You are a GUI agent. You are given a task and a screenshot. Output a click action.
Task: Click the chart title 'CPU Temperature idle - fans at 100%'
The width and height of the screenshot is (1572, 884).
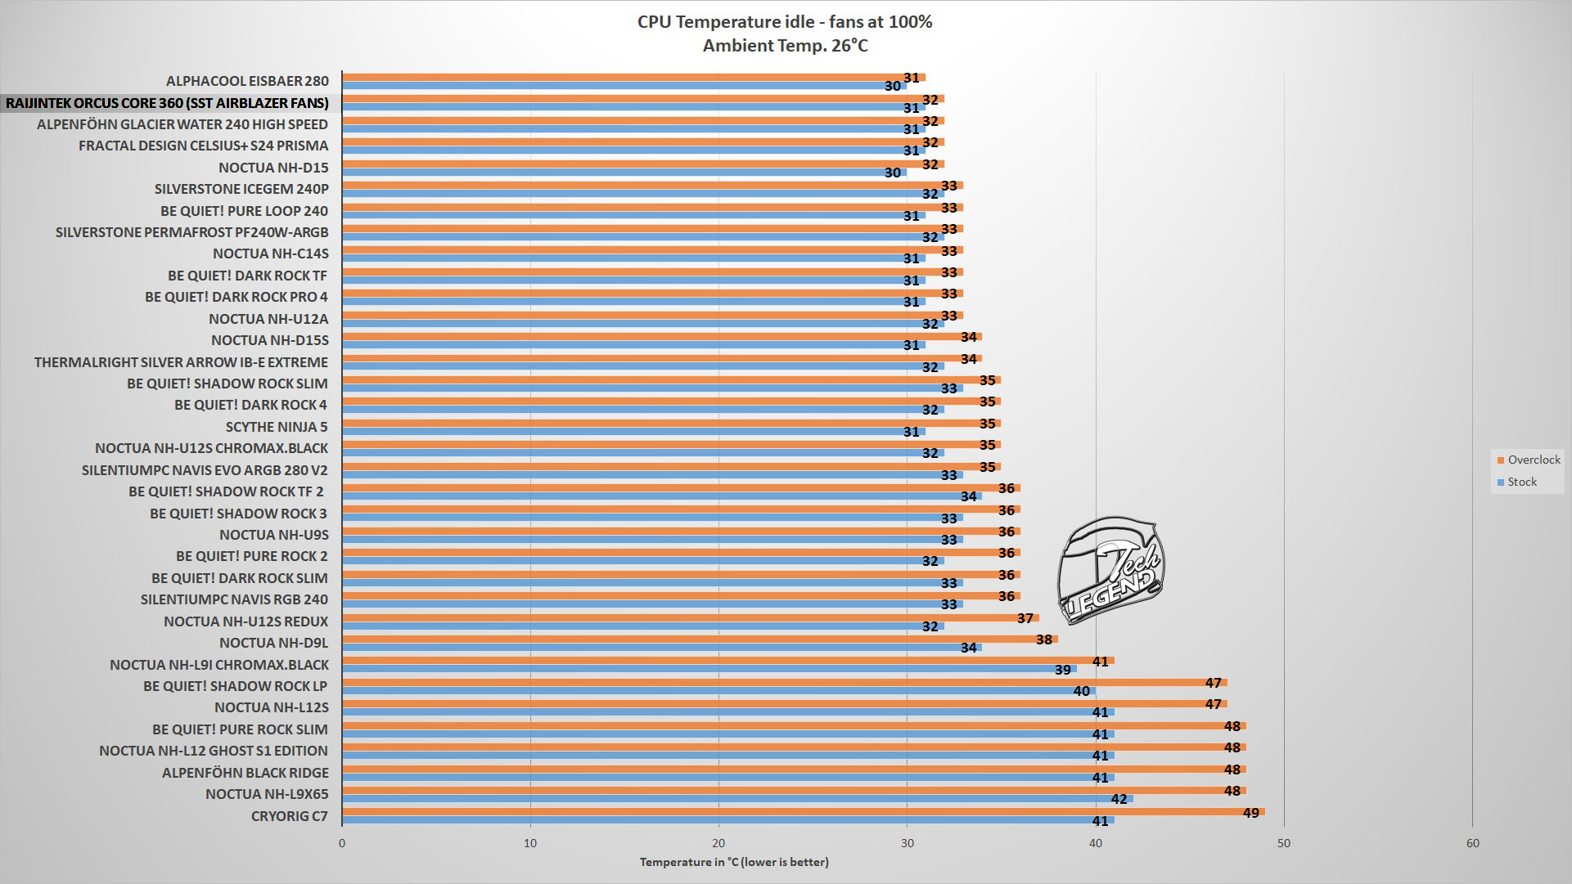(x=785, y=22)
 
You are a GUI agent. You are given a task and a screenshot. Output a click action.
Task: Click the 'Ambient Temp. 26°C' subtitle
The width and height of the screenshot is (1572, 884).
(x=785, y=46)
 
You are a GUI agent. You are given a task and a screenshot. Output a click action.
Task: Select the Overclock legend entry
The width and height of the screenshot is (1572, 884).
(x=1528, y=460)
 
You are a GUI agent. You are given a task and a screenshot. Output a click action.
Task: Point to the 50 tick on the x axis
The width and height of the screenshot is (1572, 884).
(x=1284, y=844)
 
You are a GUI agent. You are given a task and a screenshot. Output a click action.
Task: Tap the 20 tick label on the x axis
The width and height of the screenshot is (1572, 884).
(x=718, y=844)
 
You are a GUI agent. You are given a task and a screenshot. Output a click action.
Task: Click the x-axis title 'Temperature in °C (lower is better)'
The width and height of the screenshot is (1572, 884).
(x=734, y=862)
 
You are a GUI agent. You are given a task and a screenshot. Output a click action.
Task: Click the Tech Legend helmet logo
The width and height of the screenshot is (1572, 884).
(x=1110, y=569)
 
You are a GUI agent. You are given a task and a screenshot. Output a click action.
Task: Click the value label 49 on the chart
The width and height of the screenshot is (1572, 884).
(x=1251, y=813)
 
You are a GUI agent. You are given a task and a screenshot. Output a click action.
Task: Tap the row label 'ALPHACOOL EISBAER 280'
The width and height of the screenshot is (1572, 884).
(x=247, y=81)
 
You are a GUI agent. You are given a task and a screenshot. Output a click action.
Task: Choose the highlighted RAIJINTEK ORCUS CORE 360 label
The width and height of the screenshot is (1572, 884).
(x=167, y=103)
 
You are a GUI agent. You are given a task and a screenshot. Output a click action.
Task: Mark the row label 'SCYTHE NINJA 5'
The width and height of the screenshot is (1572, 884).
(x=277, y=427)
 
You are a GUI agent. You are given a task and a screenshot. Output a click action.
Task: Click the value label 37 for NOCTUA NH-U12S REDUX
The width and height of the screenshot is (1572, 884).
(x=1025, y=618)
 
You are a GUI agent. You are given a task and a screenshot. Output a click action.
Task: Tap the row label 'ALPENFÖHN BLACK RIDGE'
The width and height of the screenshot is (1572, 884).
(x=245, y=773)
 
